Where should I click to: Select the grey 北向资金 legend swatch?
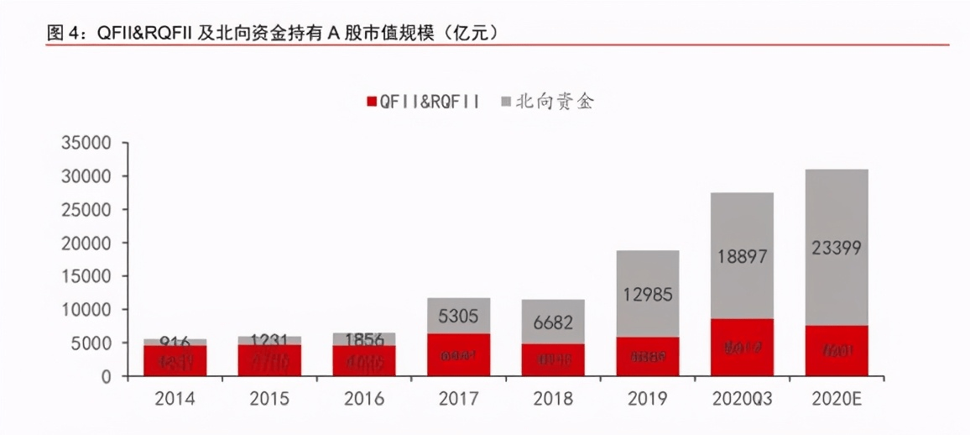point(506,102)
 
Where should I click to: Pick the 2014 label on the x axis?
point(175,399)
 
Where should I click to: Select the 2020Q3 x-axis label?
point(742,399)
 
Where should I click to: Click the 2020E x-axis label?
point(836,399)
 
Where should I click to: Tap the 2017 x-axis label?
point(458,399)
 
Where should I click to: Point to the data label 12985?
point(647,295)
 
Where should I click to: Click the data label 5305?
point(458,316)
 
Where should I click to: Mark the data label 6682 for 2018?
point(552,322)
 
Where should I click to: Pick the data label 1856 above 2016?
point(364,340)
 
